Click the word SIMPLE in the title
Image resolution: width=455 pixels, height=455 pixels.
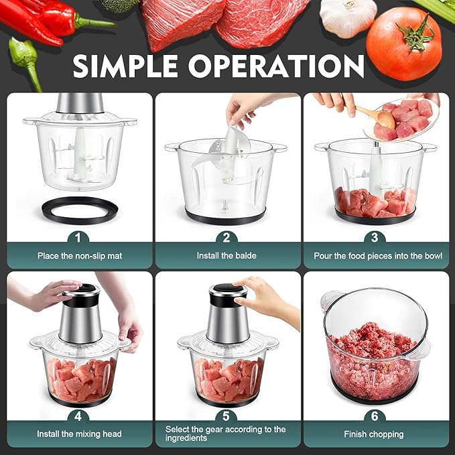point(125,66)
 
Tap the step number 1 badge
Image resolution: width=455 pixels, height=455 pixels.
point(78,238)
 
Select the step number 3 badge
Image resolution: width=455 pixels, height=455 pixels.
point(375,238)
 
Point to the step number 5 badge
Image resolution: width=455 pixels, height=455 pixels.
point(226,416)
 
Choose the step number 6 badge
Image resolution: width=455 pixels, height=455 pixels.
point(375,416)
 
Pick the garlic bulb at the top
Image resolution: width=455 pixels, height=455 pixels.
point(348,17)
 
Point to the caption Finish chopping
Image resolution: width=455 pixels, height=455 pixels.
point(374,434)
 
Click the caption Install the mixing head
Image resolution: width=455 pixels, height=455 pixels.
point(79,434)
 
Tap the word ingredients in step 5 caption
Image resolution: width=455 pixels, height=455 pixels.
point(186,438)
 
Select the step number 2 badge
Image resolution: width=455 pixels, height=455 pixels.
point(226,238)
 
